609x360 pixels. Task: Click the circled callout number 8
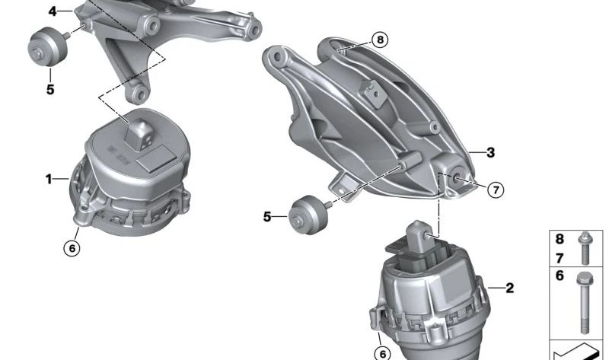(x=379, y=40)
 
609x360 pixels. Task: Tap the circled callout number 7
(x=496, y=190)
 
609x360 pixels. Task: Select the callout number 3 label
(x=490, y=153)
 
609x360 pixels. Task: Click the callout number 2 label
(x=509, y=288)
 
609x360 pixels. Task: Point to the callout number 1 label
(x=49, y=179)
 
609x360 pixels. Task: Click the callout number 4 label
(x=53, y=11)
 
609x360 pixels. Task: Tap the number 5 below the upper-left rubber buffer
(x=50, y=90)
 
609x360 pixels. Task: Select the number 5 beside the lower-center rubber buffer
(x=267, y=217)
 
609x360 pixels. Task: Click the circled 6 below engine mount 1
(x=72, y=248)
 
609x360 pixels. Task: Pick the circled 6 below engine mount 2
(x=383, y=354)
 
